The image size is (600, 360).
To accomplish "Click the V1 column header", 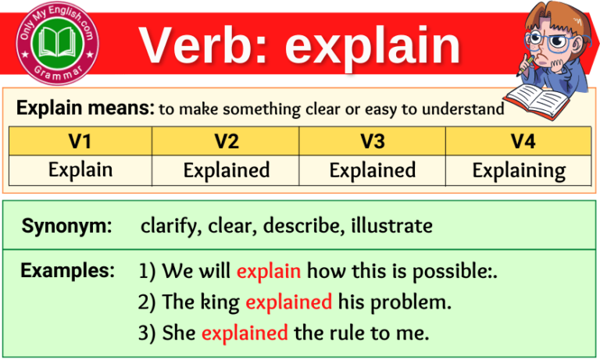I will pyautogui.click(x=80, y=141).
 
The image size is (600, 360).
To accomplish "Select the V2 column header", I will pyautogui.click(x=226, y=141).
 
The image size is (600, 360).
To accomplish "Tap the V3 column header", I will pyautogui.click(x=372, y=141).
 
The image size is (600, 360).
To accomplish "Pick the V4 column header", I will pyautogui.click(x=518, y=141).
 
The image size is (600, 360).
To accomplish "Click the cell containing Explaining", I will pyautogui.click(x=518, y=170).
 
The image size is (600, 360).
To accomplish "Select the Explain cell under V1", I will pyautogui.click(x=80, y=169).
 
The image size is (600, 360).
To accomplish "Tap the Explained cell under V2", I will pyautogui.click(x=226, y=170).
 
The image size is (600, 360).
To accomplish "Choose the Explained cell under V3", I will pyautogui.click(x=372, y=170).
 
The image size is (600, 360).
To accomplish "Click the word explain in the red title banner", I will pyautogui.click(x=372, y=46).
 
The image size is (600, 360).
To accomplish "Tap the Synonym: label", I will pyautogui.click(x=66, y=226).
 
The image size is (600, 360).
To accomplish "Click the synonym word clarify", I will pyautogui.click(x=166, y=226).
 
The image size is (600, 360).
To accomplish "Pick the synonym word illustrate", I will pyautogui.click(x=391, y=226).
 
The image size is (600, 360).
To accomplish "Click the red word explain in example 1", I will pyautogui.click(x=269, y=272).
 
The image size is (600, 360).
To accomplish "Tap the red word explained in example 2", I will pyautogui.click(x=288, y=302).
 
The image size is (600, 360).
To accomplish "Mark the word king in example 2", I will pyautogui.click(x=221, y=302).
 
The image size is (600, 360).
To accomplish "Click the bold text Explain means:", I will pyautogui.click(x=84, y=109).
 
